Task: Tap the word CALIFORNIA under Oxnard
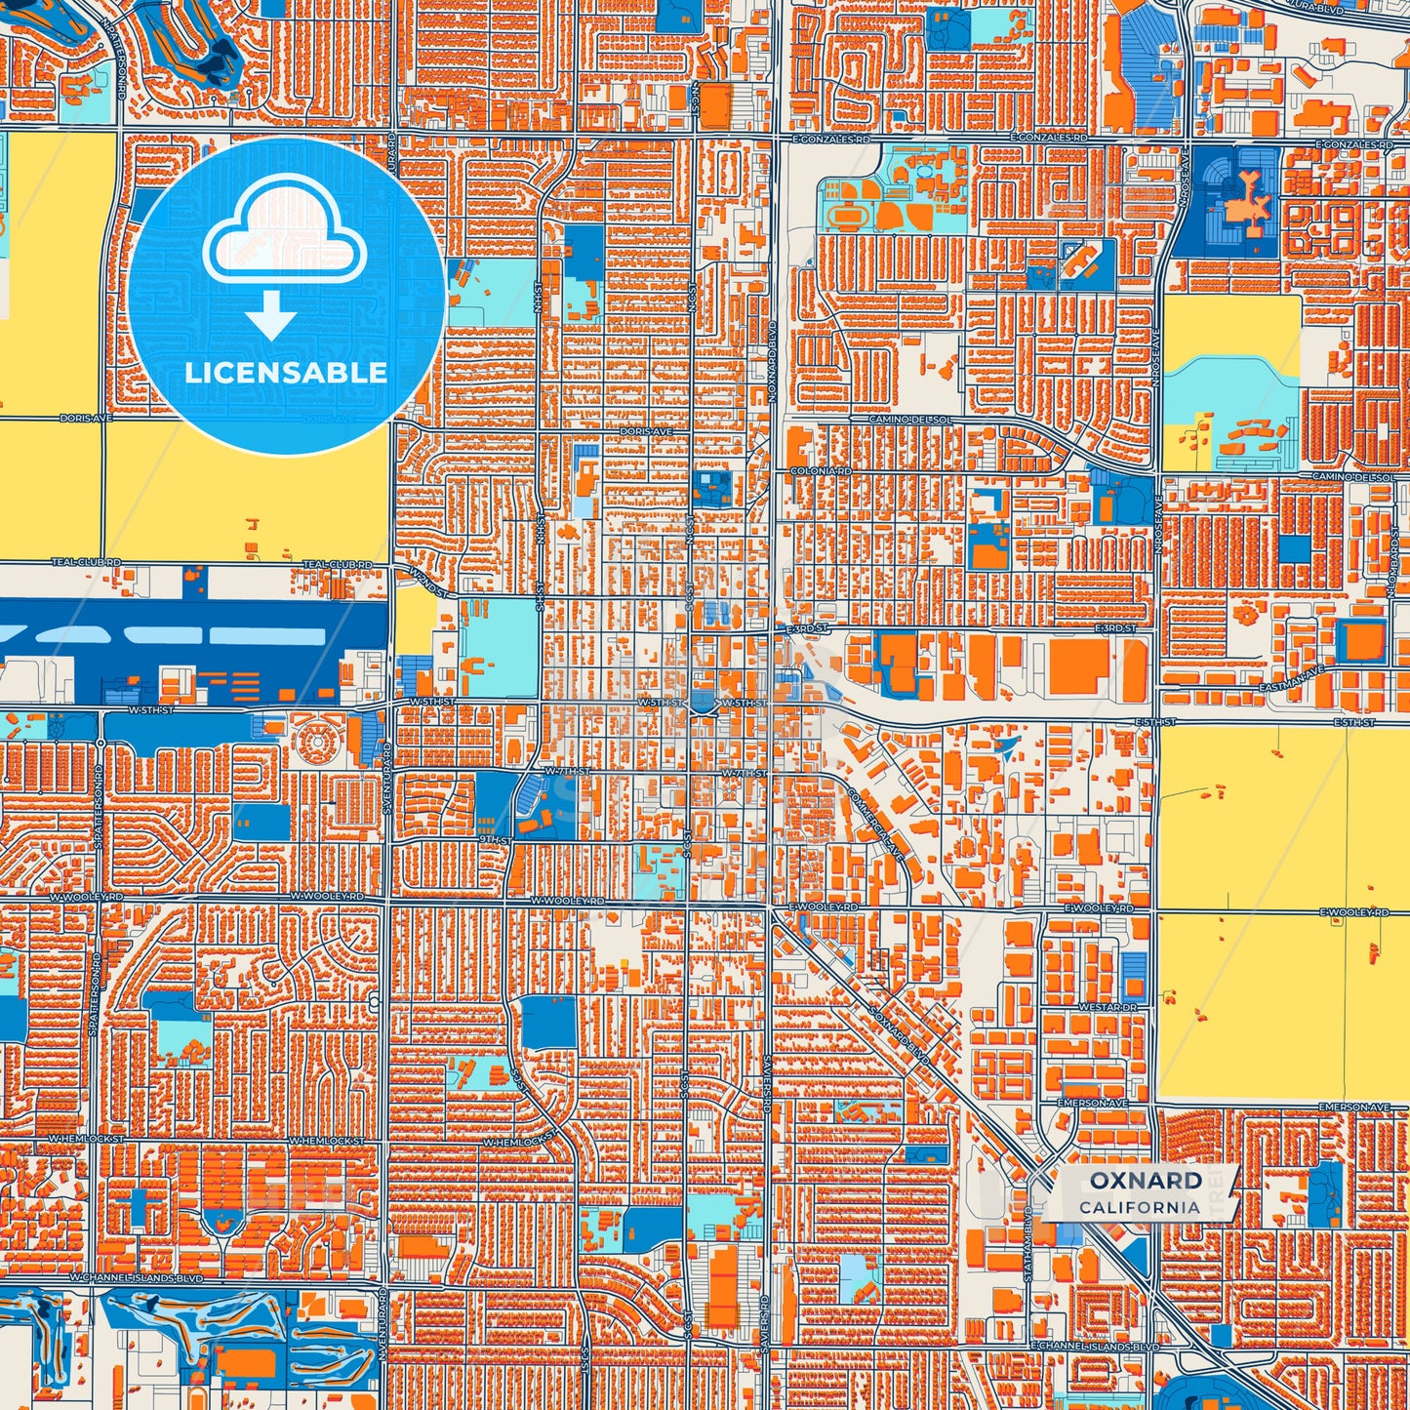click(1140, 1207)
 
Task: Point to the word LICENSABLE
click(286, 373)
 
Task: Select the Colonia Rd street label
click(822, 471)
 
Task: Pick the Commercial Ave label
click(877, 819)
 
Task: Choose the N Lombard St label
click(1392, 566)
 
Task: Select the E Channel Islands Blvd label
click(1094, 1346)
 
